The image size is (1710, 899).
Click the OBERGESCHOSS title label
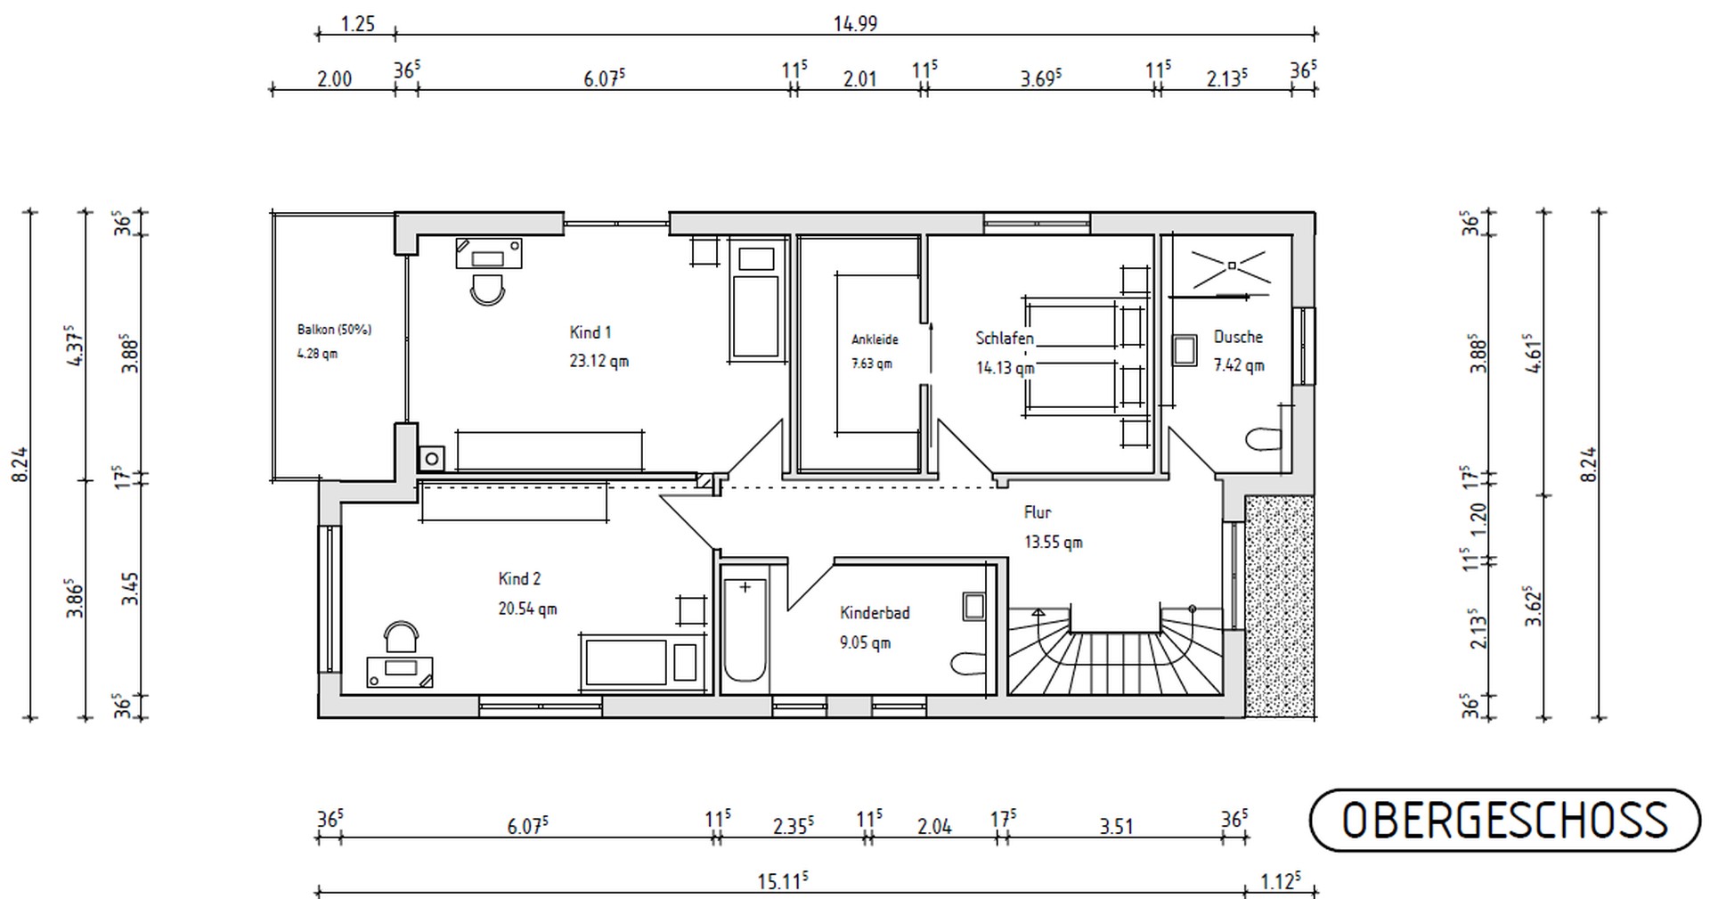coord(1504,821)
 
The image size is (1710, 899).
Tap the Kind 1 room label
coord(590,332)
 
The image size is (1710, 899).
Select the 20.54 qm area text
coord(527,609)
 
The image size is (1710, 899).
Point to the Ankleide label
coord(875,339)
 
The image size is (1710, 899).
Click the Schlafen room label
coord(1005,339)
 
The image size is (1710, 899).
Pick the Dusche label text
coord(1238,337)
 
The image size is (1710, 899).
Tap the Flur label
coord(1038,512)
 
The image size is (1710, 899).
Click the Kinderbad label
coord(875,613)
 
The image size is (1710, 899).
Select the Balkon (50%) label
coord(334,330)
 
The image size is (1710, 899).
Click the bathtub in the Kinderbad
coord(745,629)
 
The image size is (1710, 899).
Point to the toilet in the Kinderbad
coord(969,664)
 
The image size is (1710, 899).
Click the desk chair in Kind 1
coord(487,289)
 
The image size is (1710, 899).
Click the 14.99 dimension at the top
coord(855,24)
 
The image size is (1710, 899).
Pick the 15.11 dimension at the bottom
coord(783,882)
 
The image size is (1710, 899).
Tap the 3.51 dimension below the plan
coord(1116,827)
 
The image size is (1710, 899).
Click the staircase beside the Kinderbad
coord(1115,650)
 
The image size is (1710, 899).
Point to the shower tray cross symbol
coord(1231,265)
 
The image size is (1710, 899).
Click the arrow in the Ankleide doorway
coord(931,348)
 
